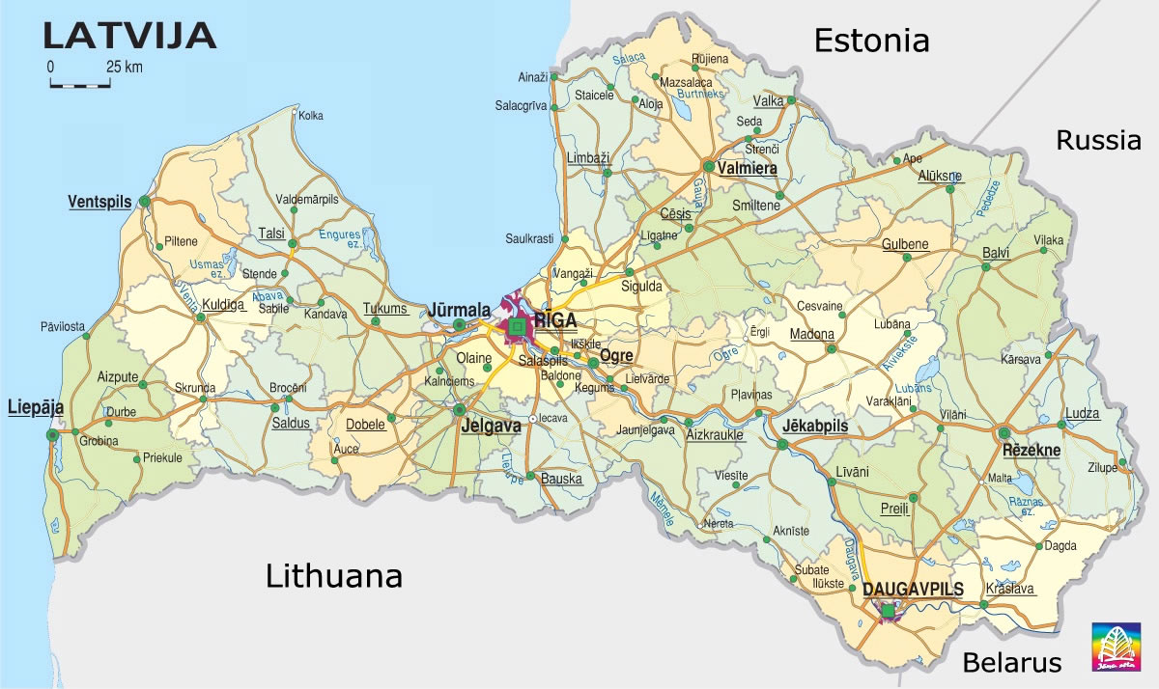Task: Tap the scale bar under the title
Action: coord(80,83)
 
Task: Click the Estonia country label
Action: coord(871,41)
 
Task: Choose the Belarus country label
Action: coord(1011,663)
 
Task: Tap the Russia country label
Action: coord(1098,141)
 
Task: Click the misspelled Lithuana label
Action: coord(333,576)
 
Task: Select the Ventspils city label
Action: coord(99,202)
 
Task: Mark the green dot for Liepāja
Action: coord(52,435)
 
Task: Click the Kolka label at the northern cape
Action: coord(311,116)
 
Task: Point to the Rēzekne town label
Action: coord(1032,450)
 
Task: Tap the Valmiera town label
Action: coord(748,168)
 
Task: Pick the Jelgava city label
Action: coord(491,425)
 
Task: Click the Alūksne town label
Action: coord(939,176)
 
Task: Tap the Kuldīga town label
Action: coord(222,304)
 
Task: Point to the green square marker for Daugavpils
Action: coord(888,609)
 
